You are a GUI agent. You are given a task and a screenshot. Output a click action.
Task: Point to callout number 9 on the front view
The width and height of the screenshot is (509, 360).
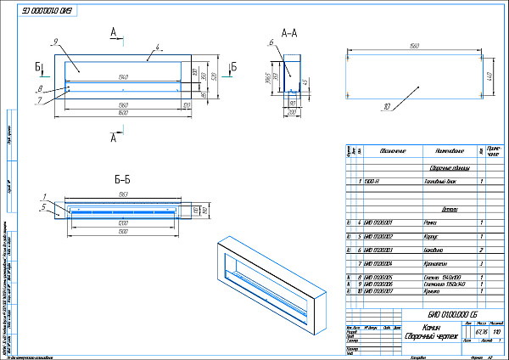pos(54,42)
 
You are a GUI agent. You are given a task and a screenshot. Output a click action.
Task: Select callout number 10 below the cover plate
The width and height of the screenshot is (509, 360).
pos(386,107)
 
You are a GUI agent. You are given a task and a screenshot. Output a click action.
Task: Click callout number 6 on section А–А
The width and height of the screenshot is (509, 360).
pos(270,43)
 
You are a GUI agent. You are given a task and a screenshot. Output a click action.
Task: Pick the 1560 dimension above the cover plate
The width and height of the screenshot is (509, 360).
pos(415,45)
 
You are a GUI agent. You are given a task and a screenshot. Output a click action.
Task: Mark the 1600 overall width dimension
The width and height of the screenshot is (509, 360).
pos(124,113)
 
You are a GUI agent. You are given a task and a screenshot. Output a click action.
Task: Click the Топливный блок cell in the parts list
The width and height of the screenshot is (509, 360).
pos(440,182)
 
